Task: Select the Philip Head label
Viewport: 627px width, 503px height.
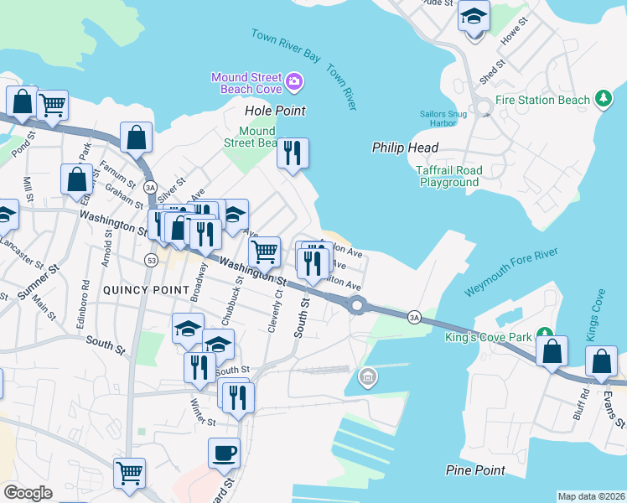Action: pyautogui.click(x=406, y=148)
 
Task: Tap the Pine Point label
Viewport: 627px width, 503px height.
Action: pyautogui.click(x=476, y=470)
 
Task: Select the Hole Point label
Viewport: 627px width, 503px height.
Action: pyautogui.click(x=274, y=111)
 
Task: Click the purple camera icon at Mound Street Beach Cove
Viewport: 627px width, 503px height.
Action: pyautogui.click(x=294, y=81)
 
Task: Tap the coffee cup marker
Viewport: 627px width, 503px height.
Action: pyautogui.click(x=224, y=454)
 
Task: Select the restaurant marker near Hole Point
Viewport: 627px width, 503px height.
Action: pyautogui.click(x=293, y=153)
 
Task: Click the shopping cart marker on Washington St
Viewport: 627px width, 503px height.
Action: pyautogui.click(x=264, y=251)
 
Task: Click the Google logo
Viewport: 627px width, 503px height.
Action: pyautogui.click(x=28, y=492)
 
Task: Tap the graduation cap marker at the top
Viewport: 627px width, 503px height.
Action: pyautogui.click(x=474, y=17)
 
